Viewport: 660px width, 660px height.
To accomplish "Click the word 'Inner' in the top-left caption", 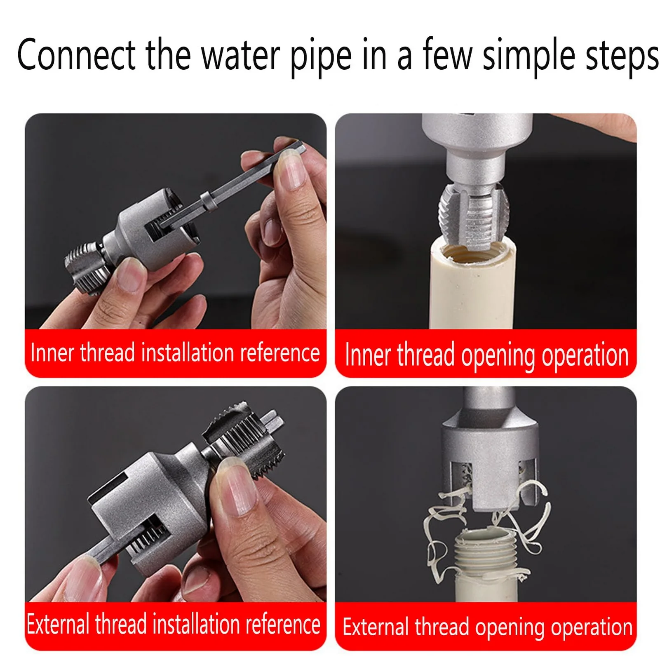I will (52, 353).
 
